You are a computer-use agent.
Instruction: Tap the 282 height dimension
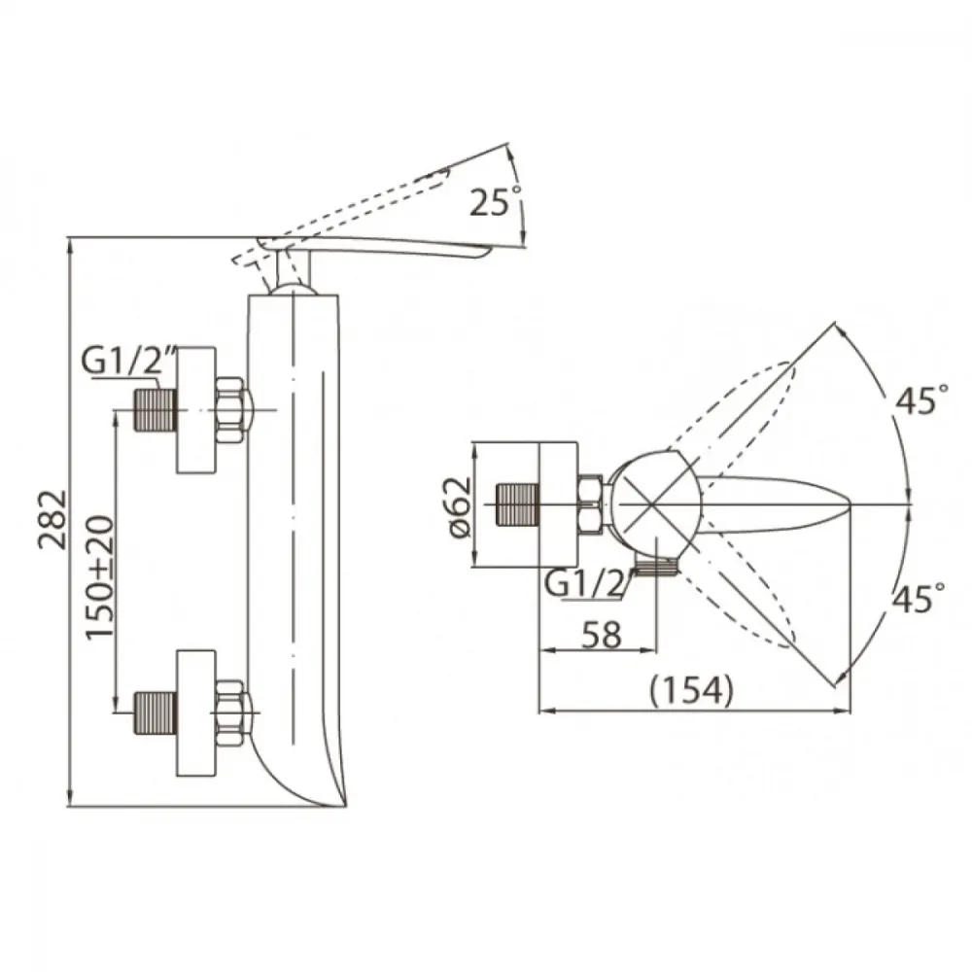pyautogui.click(x=52, y=519)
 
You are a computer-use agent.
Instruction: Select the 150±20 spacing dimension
pyautogui.click(x=99, y=577)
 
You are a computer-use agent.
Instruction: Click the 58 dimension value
pyautogui.click(x=602, y=634)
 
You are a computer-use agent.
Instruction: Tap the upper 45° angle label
pyautogui.click(x=921, y=399)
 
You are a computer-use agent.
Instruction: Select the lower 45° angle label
pyautogui.click(x=919, y=598)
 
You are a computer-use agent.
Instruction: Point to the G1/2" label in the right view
pyautogui.click(x=588, y=583)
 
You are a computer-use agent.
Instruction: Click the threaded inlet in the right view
pyautogui.click(x=518, y=504)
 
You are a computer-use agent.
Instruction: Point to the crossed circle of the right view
pyautogui.click(x=653, y=503)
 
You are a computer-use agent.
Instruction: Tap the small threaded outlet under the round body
pyautogui.click(x=657, y=567)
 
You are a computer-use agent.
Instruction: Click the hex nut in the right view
pyautogui.click(x=590, y=504)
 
